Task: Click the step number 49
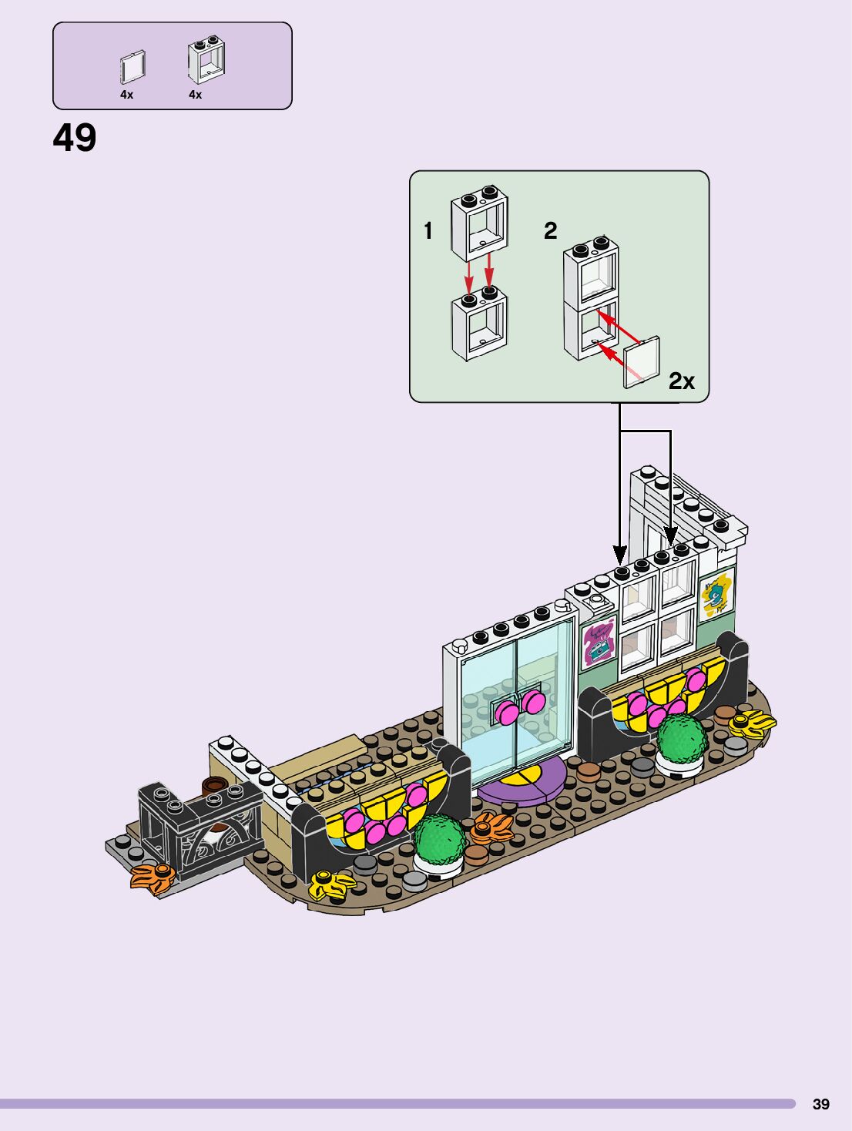pos(75,139)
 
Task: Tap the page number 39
pos(821,1104)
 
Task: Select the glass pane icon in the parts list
pos(132,68)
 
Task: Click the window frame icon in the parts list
pos(206,61)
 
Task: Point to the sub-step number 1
pos(428,230)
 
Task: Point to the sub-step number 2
pos(550,230)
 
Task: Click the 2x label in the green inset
pos(681,381)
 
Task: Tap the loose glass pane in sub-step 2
pos(642,361)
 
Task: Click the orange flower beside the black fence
pos(154,876)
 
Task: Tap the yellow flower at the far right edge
pos(753,723)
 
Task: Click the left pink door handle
pos(507,712)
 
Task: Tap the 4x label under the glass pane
pos(126,95)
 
